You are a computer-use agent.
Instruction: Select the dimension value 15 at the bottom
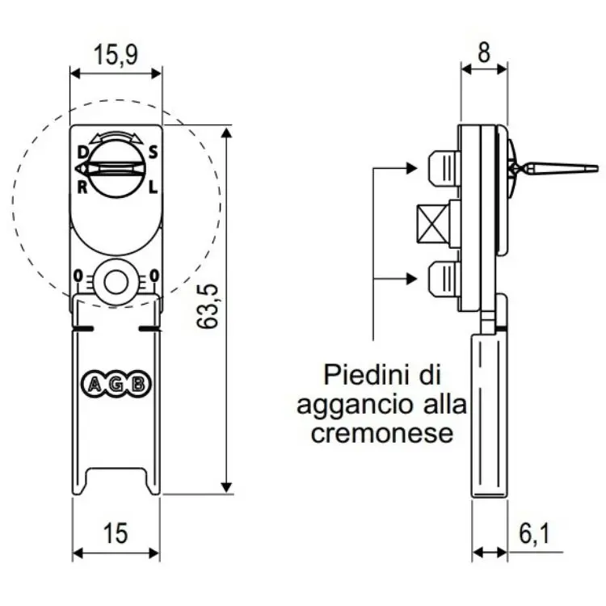pyautogui.click(x=116, y=533)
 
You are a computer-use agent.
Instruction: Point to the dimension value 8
pyautogui.click(x=484, y=54)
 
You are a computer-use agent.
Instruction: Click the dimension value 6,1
pyautogui.click(x=534, y=533)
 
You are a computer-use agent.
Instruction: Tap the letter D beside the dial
pyautogui.click(x=82, y=151)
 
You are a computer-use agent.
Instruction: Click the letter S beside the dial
pyautogui.click(x=153, y=151)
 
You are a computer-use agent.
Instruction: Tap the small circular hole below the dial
pyautogui.click(x=117, y=282)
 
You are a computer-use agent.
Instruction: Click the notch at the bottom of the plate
pyautogui.click(x=116, y=480)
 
